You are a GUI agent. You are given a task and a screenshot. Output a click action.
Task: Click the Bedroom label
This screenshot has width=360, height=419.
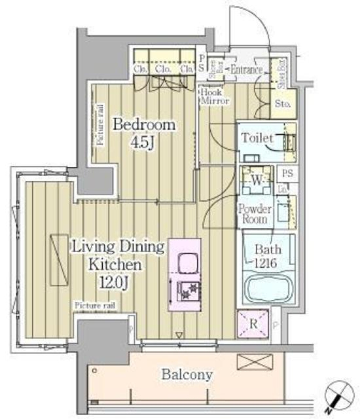coord(144,124)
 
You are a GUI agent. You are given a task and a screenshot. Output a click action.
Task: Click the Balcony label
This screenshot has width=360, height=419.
coord(187,374)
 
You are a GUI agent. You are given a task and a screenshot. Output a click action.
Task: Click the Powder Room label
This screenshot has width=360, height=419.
coord(255,214)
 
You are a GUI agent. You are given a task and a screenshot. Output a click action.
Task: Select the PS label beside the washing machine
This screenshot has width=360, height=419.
coord(287,174)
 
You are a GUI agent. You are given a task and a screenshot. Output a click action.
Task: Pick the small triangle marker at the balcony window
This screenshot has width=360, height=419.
coord(179,335)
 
